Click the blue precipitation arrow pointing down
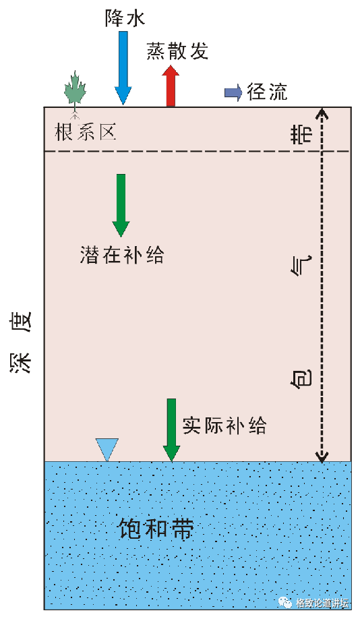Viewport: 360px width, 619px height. (123, 68)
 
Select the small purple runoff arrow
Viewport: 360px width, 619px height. (233, 92)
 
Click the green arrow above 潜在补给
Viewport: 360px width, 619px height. (121, 205)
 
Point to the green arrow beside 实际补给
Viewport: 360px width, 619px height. (171, 430)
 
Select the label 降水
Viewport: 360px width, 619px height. (125, 18)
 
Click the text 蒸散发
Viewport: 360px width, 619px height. (177, 51)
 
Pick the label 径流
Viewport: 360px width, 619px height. (267, 92)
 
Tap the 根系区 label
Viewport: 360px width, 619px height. (86, 131)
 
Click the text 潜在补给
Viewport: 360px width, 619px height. (122, 255)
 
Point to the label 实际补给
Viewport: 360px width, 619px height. (224, 425)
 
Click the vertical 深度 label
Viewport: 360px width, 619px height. (20, 343)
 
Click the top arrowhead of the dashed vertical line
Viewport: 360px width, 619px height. (323, 113)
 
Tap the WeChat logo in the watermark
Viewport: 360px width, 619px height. (285, 601)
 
